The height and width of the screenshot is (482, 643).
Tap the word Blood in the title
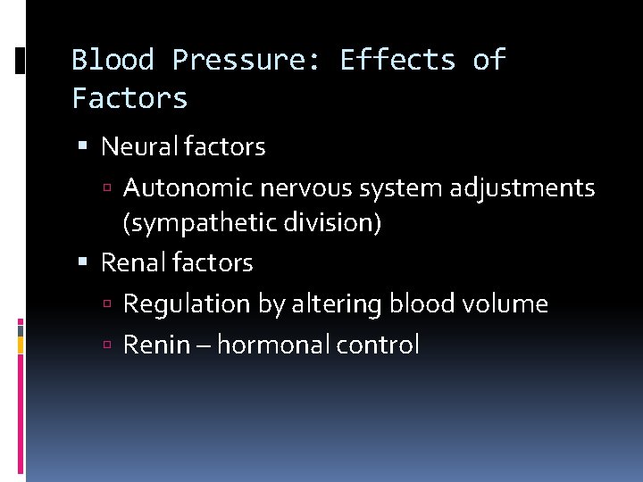[113, 61]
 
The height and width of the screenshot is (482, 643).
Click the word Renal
[131, 263]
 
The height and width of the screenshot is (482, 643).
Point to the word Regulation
[187, 304]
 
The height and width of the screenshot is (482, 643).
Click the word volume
[508, 304]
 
